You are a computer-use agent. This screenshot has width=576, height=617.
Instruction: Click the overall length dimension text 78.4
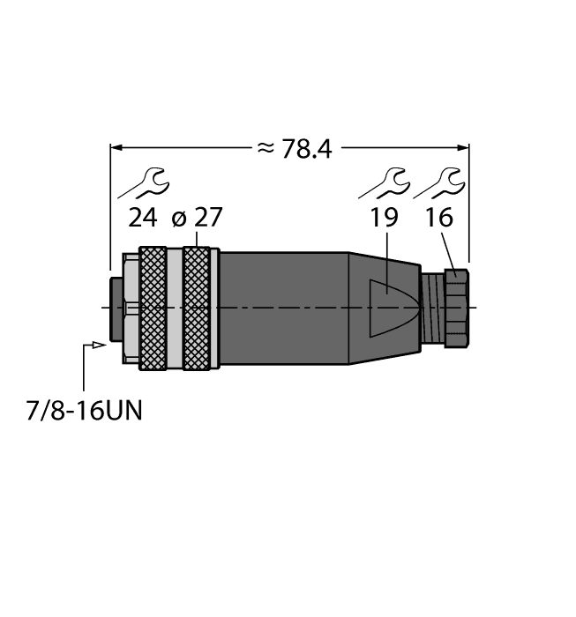(x=306, y=150)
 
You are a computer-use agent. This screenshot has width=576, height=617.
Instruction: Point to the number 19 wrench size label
(x=384, y=218)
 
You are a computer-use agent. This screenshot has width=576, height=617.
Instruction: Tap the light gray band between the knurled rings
(x=174, y=306)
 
